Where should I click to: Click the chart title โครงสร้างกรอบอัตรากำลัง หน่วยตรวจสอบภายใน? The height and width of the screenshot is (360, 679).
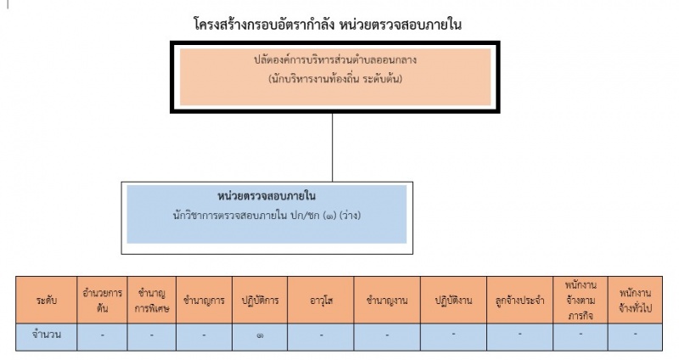pyautogui.click(x=328, y=25)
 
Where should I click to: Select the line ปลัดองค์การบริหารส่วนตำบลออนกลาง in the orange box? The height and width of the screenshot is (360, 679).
pyautogui.click(x=335, y=59)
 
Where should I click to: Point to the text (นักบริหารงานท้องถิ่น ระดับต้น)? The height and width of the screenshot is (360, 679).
pyautogui.click(x=335, y=79)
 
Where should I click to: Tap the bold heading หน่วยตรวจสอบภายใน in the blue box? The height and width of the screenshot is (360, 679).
pyautogui.click(x=267, y=196)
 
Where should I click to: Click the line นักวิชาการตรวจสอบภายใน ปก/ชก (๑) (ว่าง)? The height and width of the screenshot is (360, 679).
pyautogui.click(x=267, y=216)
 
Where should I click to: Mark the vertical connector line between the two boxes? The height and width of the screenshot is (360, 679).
pyautogui.click(x=332, y=147)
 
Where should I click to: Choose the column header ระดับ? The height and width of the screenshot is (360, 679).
pyautogui.click(x=47, y=301)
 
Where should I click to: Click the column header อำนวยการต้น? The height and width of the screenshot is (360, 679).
pyautogui.click(x=102, y=301)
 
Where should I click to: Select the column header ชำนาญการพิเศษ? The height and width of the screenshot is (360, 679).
pyautogui.click(x=152, y=301)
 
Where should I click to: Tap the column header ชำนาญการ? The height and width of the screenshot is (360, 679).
pyautogui.click(x=204, y=301)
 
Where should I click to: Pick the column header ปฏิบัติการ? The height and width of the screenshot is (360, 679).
pyautogui.click(x=260, y=301)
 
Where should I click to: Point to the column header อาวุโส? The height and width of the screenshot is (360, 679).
pyautogui.click(x=321, y=301)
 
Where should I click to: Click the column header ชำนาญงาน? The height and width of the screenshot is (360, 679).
pyautogui.click(x=387, y=301)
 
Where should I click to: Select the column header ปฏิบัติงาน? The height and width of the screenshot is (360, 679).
pyautogui.click(x=453, y=301)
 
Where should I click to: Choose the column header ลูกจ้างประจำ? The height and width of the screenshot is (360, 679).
pyautogui.click(x=519, y=301)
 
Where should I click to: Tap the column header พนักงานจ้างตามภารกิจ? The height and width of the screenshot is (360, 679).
pyautogui.click(x=581, y=301)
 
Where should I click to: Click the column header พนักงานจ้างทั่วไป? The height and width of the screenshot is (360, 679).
pyautogui.click(x=635, y=301)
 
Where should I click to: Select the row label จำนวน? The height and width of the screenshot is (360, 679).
pyautogui.click(x=47, y=335)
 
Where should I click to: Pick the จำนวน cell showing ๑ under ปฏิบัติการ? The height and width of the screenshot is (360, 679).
pyautogui.click(x=260, y=335)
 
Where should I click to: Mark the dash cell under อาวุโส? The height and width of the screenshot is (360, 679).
pyautogui.click(x=321, y=335)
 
